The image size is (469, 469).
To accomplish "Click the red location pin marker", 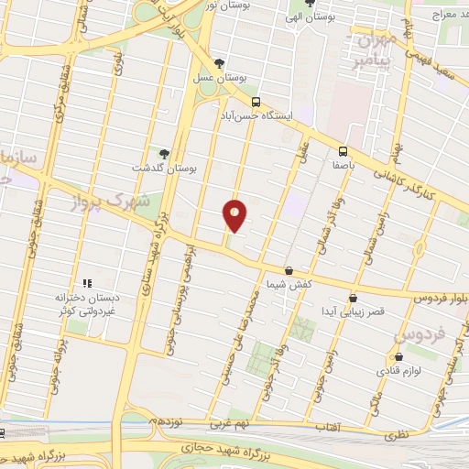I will point(234,215).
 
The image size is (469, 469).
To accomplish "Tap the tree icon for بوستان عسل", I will point(218,63).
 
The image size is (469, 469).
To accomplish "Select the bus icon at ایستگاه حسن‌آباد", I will point(256,102).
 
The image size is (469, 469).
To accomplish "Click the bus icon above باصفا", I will point(343,151).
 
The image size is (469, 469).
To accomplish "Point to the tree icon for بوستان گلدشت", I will point(164,153).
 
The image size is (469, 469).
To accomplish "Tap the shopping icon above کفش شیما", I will point(289,270).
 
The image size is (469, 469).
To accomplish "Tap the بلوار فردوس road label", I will point(436,298).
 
